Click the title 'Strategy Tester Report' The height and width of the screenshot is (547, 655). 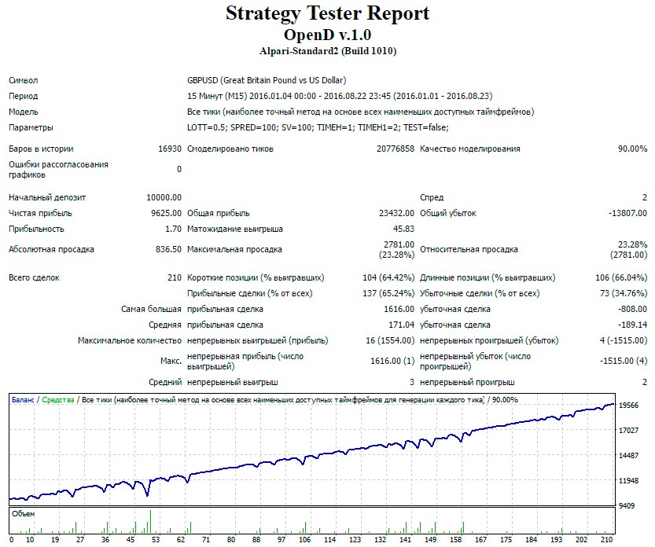click(327, 13)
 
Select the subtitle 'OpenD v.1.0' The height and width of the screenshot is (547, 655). click(327, 35)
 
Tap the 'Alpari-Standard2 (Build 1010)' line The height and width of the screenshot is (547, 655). click(327, 51)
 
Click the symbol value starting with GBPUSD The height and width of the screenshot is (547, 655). click(267, 80)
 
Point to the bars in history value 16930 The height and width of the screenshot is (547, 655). click(169, 149)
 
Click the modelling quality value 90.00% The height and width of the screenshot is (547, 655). click(632, 149)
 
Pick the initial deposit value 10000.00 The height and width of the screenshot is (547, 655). click(164, 197)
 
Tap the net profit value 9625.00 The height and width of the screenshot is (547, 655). click(166, 213)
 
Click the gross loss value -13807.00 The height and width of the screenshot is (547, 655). click(627, 213)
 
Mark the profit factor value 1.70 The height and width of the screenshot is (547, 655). click(173, 229)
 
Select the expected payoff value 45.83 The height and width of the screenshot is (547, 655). click(403, 229)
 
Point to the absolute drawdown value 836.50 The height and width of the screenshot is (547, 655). click(168, 249)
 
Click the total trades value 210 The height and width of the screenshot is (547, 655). click(174, 277)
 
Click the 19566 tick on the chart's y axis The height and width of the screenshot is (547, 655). click(629, 406)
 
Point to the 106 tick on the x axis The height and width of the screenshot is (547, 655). click(304, 540)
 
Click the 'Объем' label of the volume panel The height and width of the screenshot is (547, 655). click(24, 513)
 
